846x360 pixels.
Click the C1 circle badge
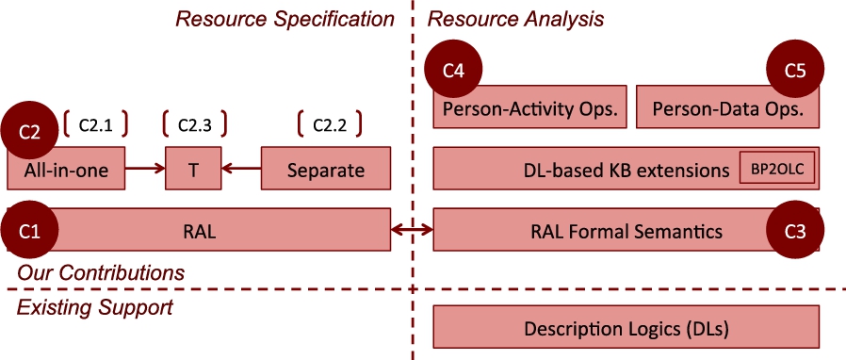28,231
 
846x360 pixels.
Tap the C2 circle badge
28,132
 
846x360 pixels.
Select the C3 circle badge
795,231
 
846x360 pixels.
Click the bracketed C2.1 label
96,124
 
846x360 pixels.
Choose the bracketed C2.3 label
195,124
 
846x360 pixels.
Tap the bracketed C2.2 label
330,124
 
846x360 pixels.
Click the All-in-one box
66,169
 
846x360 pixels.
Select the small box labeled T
193,169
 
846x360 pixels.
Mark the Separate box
326,169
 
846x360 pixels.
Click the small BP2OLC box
777,168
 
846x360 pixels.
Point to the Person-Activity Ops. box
529,106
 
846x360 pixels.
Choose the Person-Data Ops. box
728,106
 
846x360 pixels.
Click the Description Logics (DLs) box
626,327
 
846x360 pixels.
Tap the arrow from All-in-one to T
145,169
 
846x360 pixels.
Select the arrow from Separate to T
240,169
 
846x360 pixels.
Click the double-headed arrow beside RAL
412,231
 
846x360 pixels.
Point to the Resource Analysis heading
515,20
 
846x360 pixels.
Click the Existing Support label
95,307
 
